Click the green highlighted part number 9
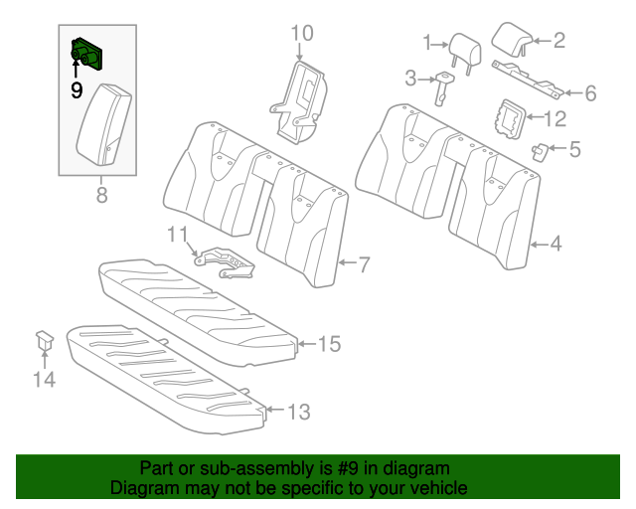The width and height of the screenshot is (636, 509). coord(87,54)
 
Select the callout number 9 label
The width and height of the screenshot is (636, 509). coord(76,90)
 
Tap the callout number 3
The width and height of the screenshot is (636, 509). coord(409,77)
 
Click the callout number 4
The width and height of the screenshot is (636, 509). coord(556,243)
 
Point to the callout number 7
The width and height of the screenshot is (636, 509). coord(364,264)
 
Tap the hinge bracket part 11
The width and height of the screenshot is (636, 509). coord(225,259)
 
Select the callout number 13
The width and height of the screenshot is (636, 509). coord(299,410)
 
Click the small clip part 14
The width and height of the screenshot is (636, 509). coord(45,340)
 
